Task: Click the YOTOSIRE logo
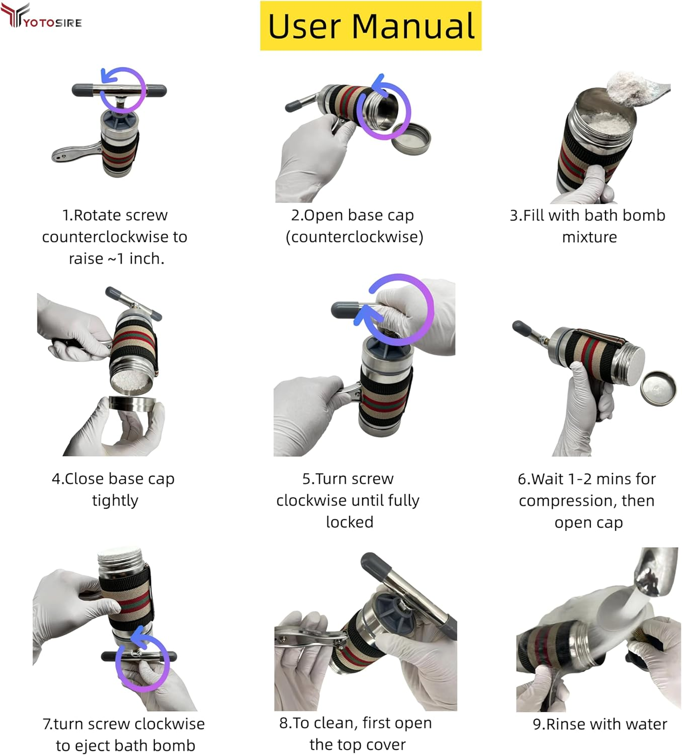(x=41, y=16)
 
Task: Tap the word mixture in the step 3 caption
(x=589, y=237)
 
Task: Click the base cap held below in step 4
(x=132, y=405)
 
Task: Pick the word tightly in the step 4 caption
(x=115, y=501)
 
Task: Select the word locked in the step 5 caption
(x=350, y=522)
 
